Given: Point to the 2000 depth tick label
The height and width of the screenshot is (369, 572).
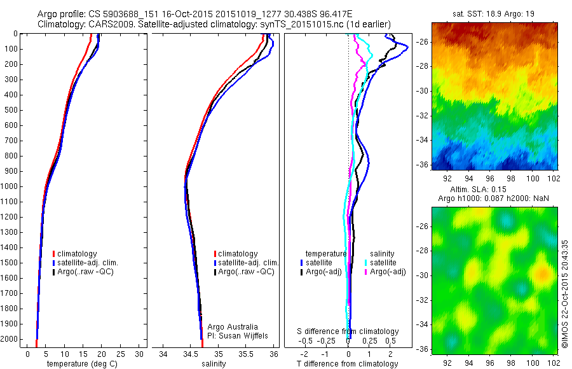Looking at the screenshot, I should (x=11, y=339).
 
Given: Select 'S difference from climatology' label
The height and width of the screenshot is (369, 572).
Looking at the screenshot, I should (x=348, y=331).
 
